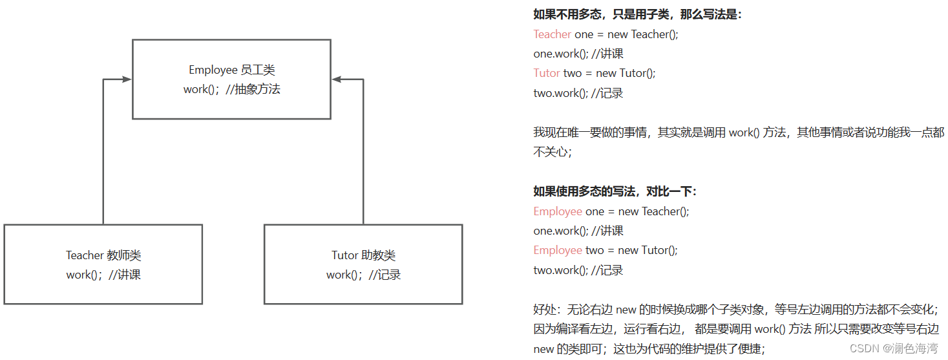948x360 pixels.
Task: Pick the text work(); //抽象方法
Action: coord(231,89)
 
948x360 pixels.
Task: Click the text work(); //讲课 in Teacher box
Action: coord(103,275)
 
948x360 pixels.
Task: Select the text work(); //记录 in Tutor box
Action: coord(363,275)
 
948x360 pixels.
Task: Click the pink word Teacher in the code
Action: coord(552,34)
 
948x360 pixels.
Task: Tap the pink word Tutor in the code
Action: coord(547,73)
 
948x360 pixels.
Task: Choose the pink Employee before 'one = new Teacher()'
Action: coord(558,211)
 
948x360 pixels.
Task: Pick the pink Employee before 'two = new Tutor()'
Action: coord(558,250)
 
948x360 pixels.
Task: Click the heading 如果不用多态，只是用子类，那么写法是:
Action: coord(637,14)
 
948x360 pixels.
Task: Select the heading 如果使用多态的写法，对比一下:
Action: coord(615,191)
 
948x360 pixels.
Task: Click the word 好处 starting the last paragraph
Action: coord(544,310)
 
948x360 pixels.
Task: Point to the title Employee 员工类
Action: coord(231,70)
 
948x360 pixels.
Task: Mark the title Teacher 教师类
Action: coord(103,255)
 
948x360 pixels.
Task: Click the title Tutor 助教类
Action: coord(363,255)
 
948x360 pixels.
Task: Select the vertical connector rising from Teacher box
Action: coord(103,155)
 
